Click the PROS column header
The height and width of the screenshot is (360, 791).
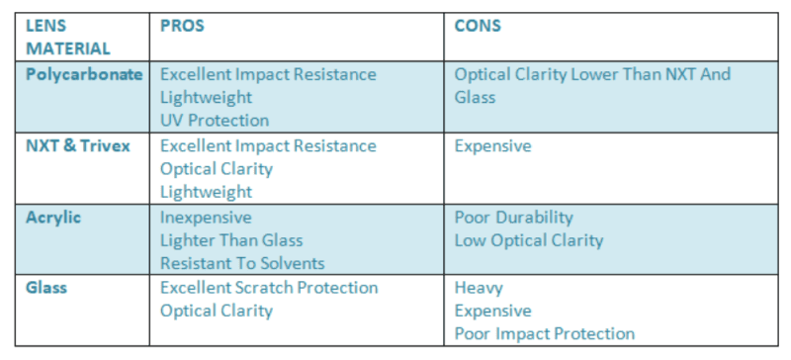182,26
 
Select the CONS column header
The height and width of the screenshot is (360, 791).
478,26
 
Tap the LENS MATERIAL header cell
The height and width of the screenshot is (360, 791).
68,37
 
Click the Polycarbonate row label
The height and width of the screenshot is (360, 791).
84,74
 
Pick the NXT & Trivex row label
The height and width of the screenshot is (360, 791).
77,145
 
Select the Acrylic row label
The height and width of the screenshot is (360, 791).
53,217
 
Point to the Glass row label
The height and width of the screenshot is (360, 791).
47,288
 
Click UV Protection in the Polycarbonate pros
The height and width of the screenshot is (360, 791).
215,121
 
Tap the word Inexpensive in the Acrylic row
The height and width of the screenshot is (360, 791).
206,217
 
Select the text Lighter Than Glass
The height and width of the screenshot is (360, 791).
231,240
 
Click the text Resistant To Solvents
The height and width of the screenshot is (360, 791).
242,263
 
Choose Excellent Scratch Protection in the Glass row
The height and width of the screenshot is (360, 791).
269,288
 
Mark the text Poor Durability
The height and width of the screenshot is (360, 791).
513,217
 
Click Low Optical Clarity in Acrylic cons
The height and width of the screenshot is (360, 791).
528,240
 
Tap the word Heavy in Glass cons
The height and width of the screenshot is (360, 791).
479,288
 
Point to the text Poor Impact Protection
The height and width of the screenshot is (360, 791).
544,334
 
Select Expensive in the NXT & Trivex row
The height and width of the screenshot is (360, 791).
492,145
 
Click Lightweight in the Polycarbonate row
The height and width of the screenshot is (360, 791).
206,97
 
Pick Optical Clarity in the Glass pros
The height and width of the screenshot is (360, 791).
216,311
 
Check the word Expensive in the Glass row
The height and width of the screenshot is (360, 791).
492,311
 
